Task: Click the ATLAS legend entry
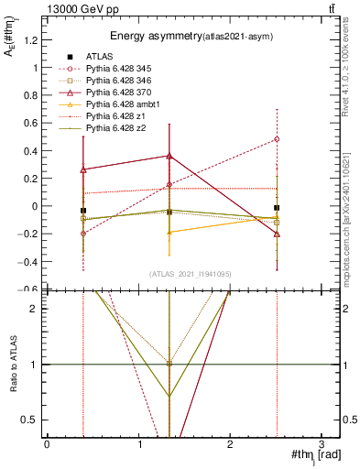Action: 100,57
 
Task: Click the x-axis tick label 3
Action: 322,444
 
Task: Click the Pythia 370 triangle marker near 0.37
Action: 169,156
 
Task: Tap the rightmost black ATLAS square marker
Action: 277,208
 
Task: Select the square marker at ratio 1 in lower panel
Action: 169,364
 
